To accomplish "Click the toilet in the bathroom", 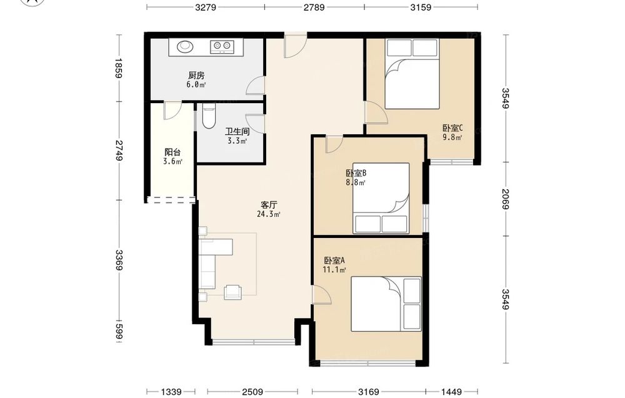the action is click(x=209, y=116).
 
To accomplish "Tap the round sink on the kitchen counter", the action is click(x=184, y=47).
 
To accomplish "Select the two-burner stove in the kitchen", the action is click(x=221, y=47).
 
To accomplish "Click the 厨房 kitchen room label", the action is click(x=196, y=76).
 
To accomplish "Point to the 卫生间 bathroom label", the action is click(x=237, y=131).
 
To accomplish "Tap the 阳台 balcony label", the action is click(x=172, y=152).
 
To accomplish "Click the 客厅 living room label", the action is click(x=269, y=205).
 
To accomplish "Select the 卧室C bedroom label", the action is click(x=452, y=128).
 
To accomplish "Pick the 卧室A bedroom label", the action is click(x=334, y=261).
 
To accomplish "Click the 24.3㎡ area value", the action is click(x=269, y=214).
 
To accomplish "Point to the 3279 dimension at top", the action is click(x=205, y=7).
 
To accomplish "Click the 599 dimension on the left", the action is click(x=118, y=331).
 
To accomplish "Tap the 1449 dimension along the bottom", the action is click(x=452, y=392).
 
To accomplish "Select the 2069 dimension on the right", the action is click(x=506, y=199).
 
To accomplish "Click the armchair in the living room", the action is click(x=232, y=292).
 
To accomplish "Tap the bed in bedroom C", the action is click(x=412, y=74).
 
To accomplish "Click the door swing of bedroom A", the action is click(x=322, y=295).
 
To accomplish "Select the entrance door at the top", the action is click(x=295, y=45).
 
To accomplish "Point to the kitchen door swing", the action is click(x=255, y=85).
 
